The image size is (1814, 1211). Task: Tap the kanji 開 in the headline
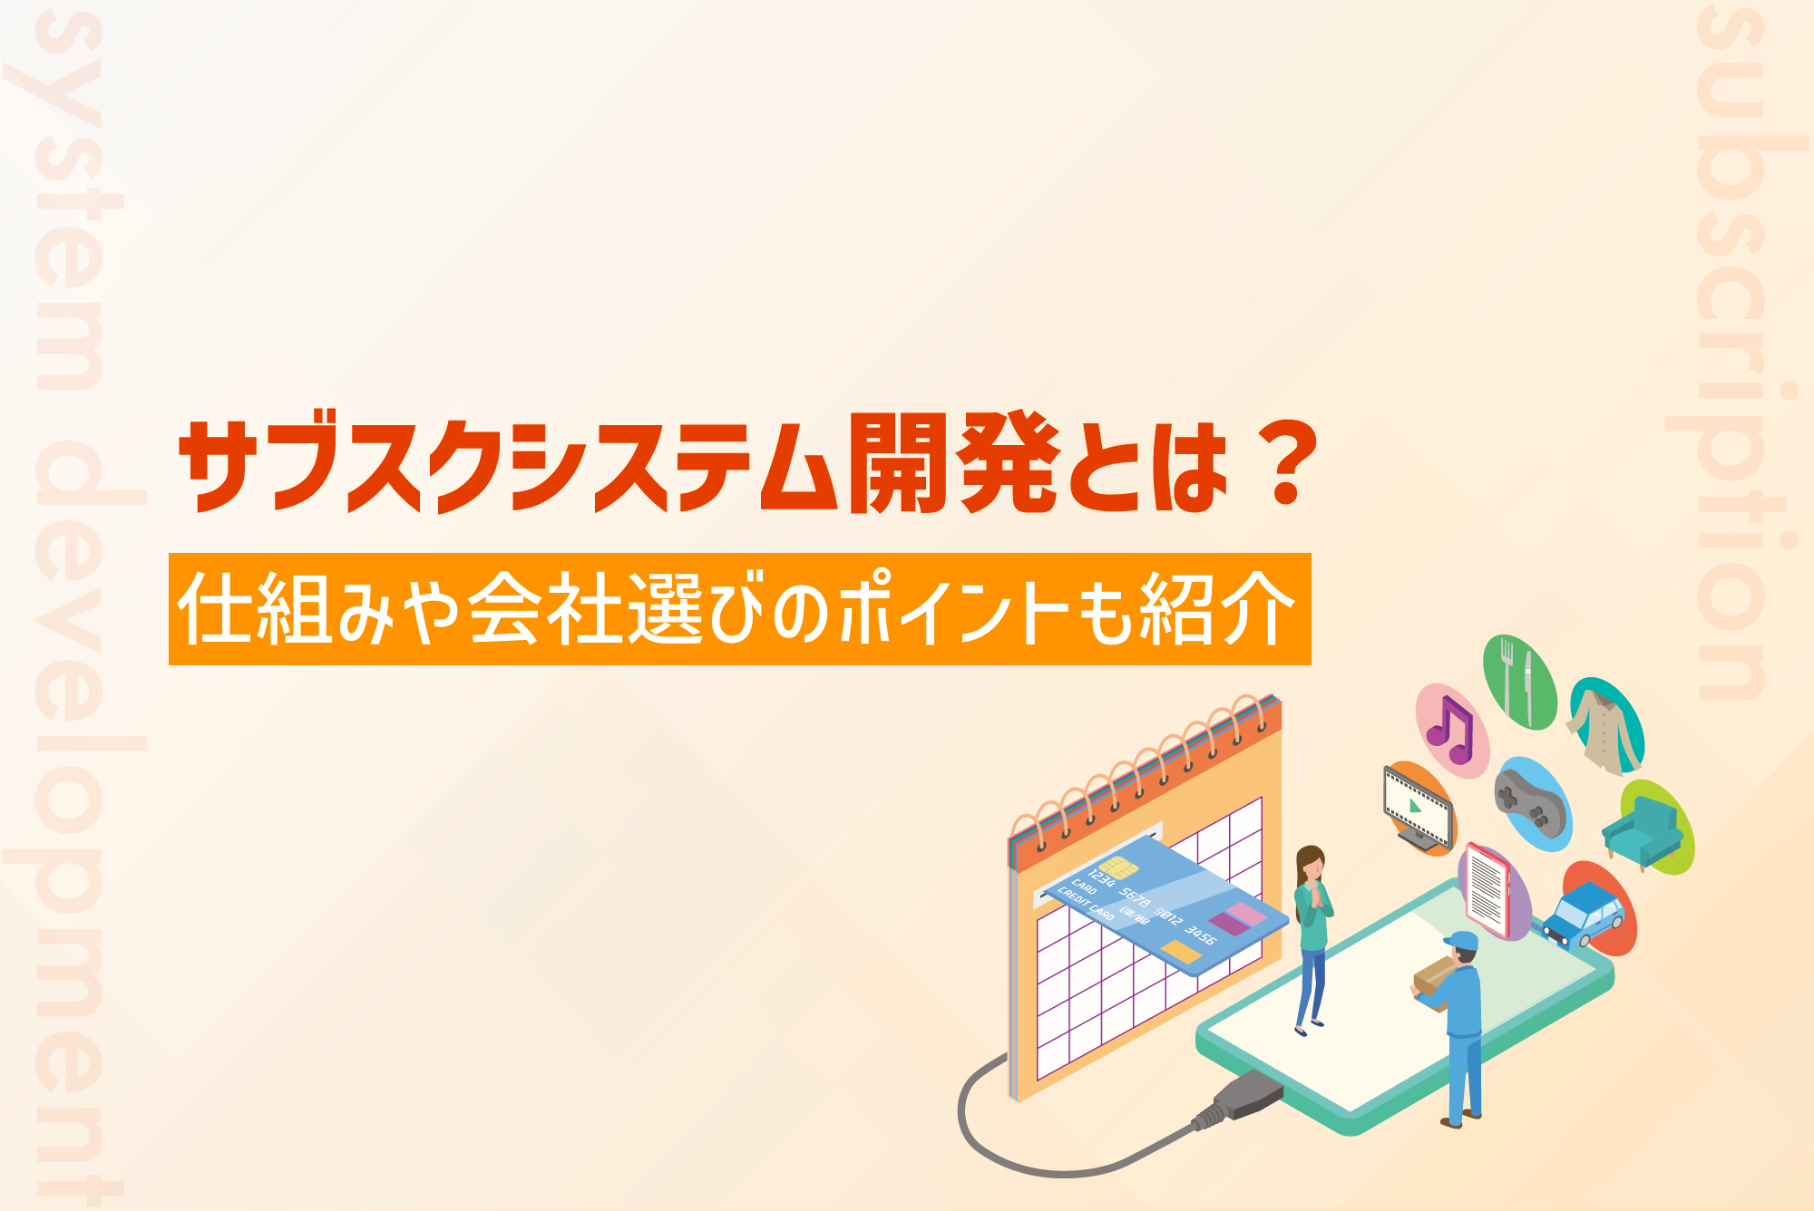pyautogui.click(x=900, y=463)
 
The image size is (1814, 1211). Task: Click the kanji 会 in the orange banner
pyautogui.click(x=506, y=608)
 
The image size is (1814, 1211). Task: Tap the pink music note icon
pyautogui.click(x=1451, y=731)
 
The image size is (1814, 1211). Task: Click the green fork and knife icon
pyautogui.click(x=1519, y=682)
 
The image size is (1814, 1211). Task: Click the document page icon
pyautogui.click(x=1491, y=890)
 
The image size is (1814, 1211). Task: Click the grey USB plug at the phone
pyautogui.click(x=1237, y=1101)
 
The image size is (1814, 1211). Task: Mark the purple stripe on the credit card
pyautogui.click(x=1230, y=924)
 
